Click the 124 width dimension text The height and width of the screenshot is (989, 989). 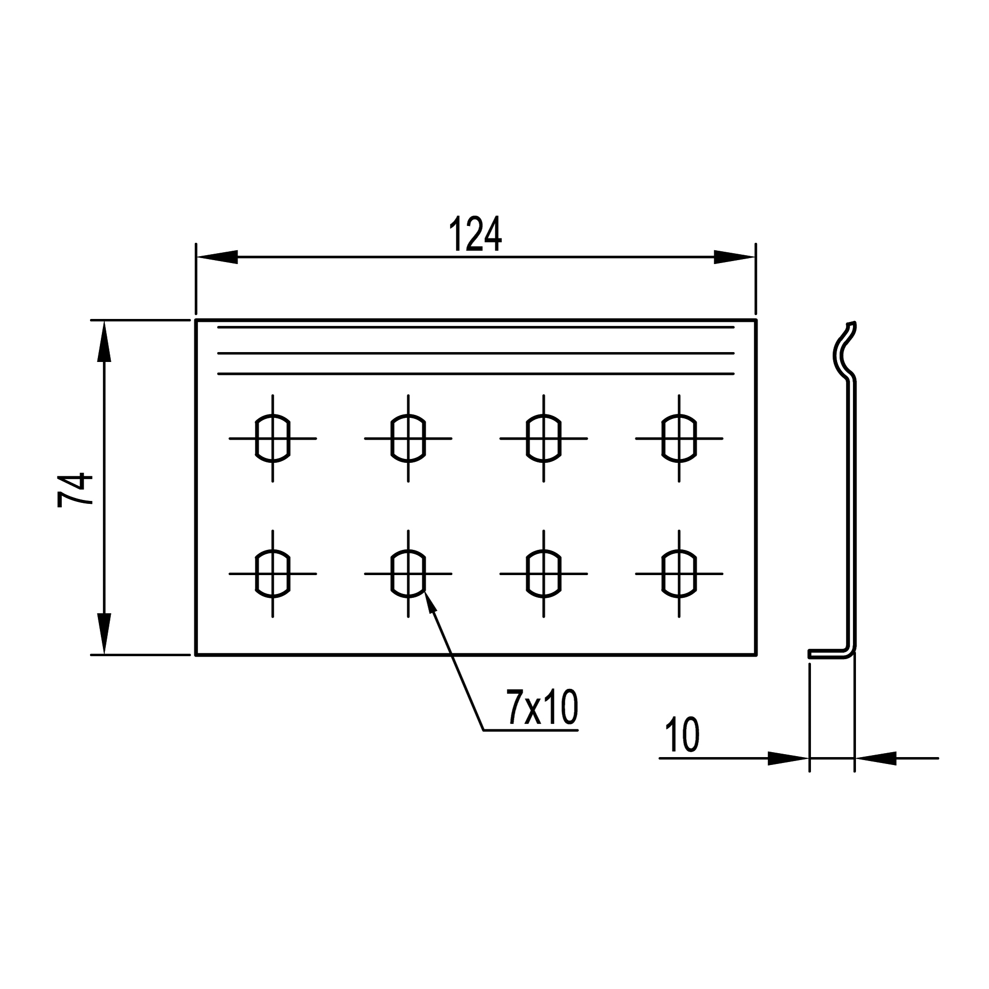(476, 234)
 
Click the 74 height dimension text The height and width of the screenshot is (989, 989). (75, 490)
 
